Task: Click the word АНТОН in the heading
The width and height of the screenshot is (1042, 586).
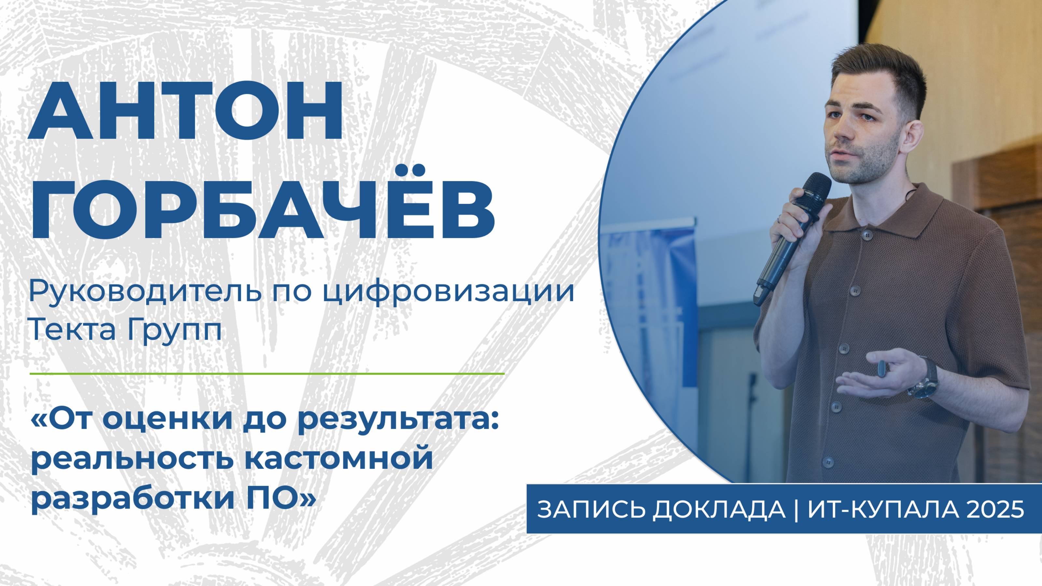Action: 185,111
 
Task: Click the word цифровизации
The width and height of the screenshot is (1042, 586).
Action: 449,292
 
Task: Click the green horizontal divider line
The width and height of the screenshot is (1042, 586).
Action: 267,374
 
